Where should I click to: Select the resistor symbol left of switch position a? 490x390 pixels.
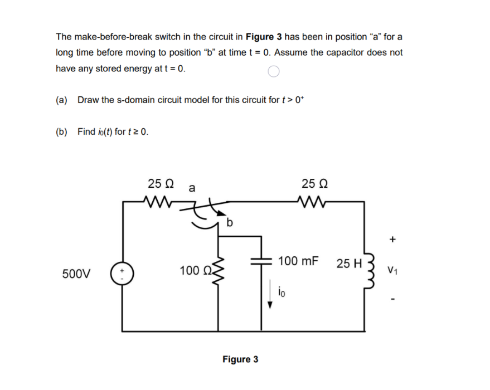160,201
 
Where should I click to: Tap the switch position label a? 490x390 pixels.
192,188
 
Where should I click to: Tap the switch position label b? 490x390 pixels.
230,224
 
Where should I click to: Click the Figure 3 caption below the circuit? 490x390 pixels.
240,359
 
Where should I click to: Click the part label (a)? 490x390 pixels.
62,100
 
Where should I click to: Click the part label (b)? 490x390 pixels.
62,132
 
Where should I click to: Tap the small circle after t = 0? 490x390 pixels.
273,71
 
